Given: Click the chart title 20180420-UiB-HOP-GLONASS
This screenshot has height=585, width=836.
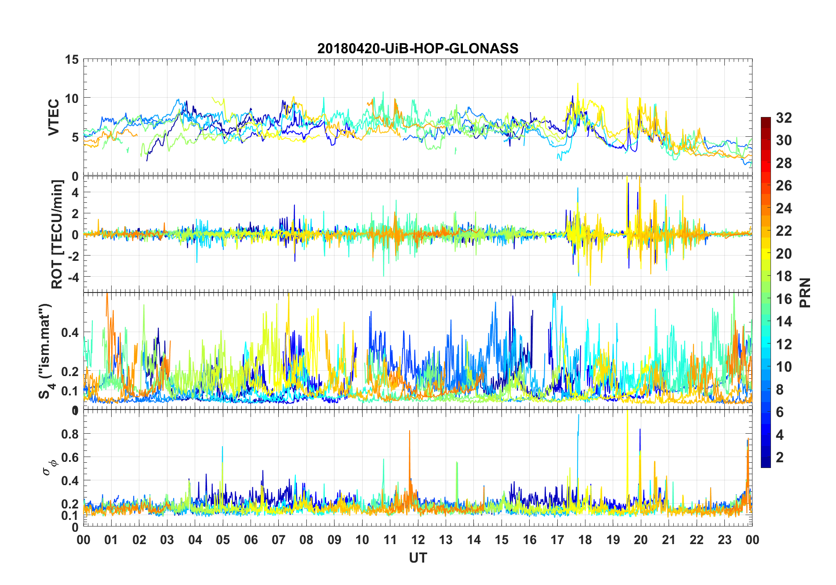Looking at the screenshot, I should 418,48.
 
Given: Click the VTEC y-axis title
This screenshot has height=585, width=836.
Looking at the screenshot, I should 54,117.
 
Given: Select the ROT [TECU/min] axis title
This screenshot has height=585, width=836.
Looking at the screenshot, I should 57,234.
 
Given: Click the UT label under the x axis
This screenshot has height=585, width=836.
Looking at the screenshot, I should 418,558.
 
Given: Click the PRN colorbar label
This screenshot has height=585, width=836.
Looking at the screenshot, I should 805,292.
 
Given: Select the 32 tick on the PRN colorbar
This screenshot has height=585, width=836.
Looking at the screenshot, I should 784,117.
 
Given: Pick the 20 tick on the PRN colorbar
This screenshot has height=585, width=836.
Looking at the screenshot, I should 784,253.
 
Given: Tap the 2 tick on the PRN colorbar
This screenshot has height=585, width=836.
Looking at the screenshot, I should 780,457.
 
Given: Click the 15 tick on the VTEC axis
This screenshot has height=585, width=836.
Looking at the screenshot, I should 72,59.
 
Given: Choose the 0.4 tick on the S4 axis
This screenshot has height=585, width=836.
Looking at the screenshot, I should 70,333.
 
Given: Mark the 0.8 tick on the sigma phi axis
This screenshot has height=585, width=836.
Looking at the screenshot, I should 70,434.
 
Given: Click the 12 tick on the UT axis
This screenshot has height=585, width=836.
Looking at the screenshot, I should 418,540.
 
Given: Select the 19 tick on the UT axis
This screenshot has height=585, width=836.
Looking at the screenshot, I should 613,540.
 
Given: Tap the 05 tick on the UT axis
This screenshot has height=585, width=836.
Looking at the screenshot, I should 223,540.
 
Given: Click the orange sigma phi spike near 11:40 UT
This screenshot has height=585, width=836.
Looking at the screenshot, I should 410,433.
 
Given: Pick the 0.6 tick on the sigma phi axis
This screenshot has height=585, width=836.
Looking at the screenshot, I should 70,457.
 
